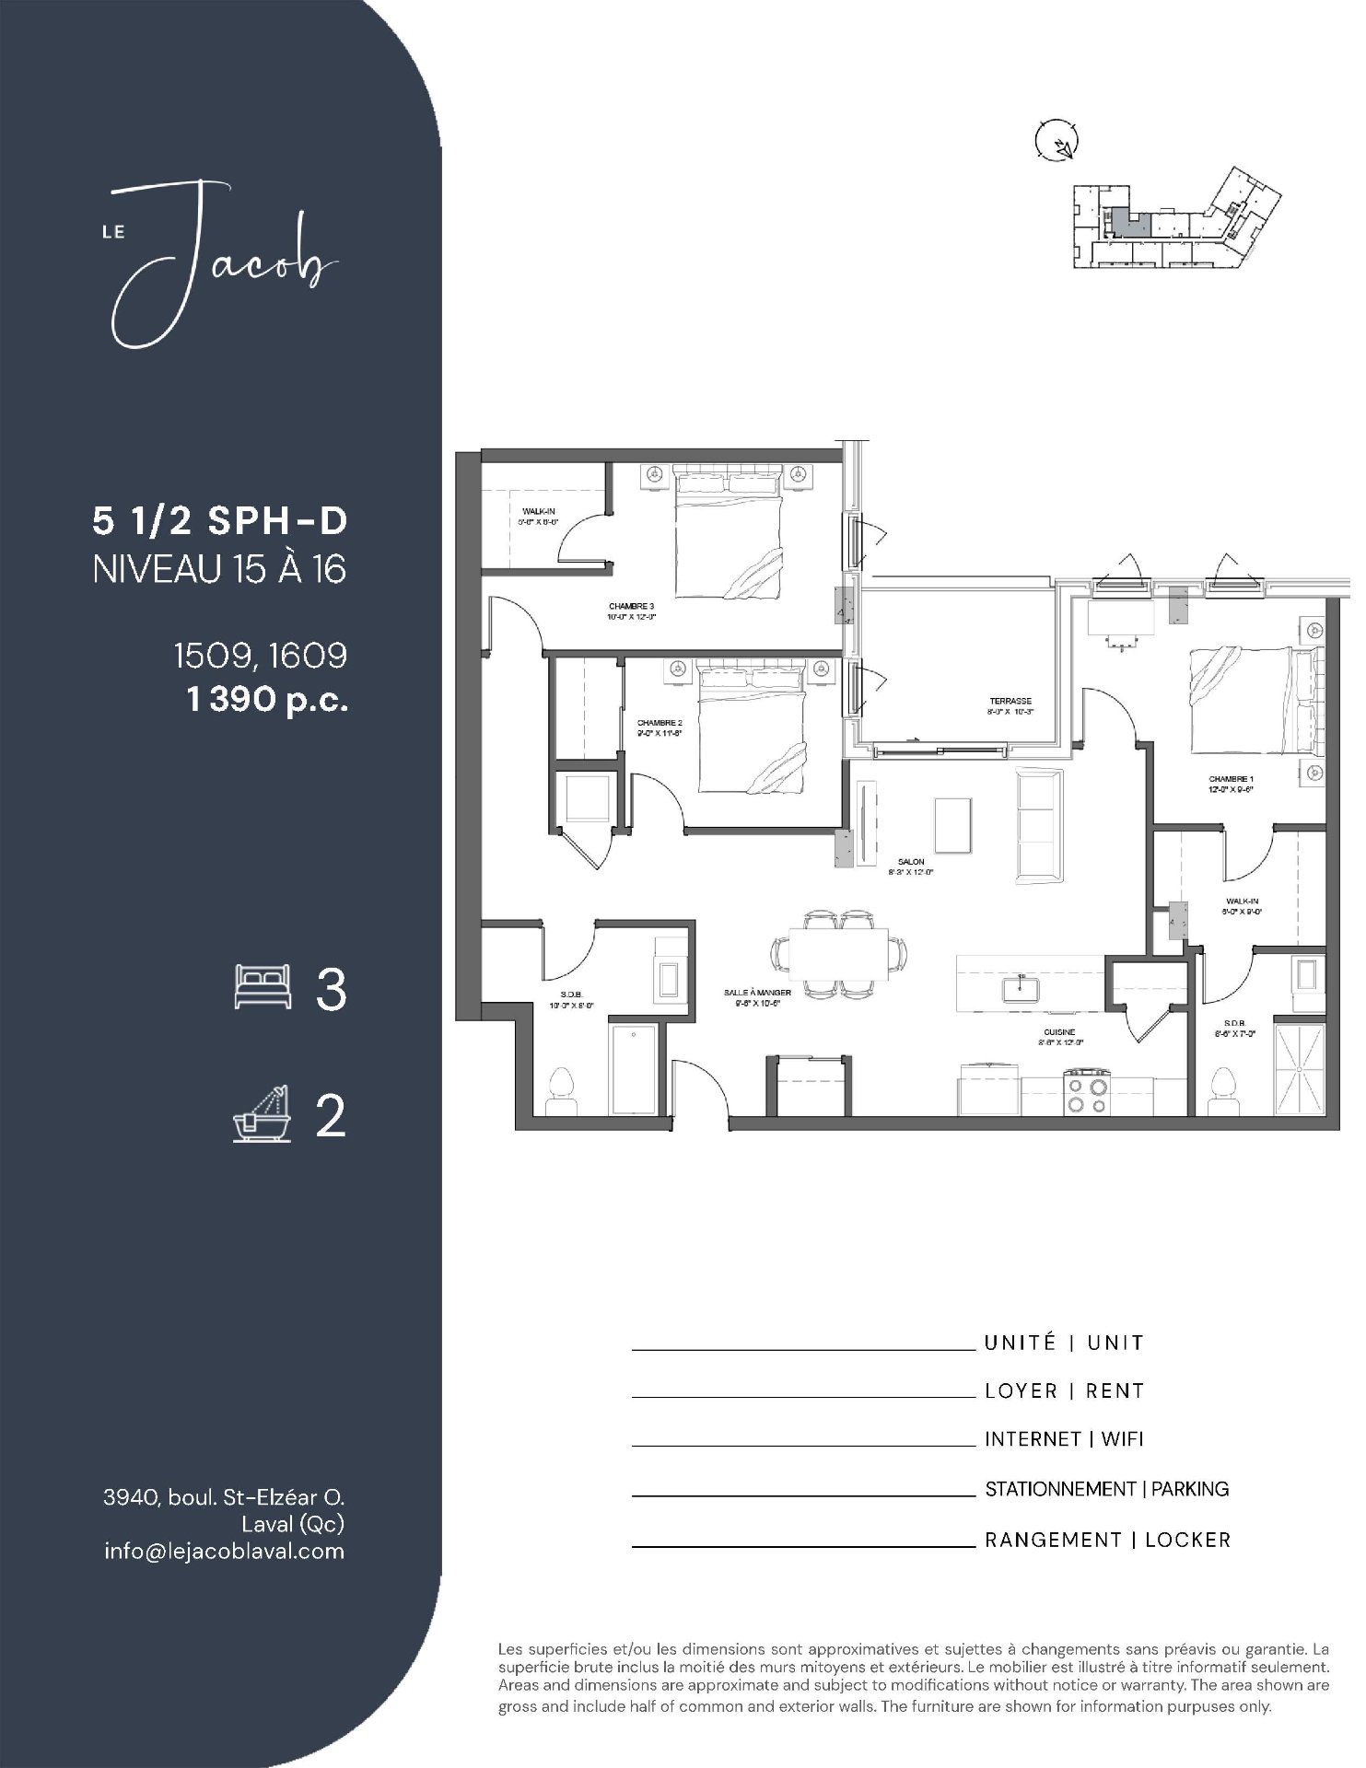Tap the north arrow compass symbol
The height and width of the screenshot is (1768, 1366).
click(1057, 143)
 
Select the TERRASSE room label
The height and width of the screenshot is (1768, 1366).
click(1010, 701)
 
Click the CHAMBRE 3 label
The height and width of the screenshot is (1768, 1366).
click(631, 606)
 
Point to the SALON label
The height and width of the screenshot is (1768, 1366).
click(911, 862)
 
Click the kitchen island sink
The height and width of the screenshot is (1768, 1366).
click(1021, 988)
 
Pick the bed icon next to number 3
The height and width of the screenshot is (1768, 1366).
click(263, 986)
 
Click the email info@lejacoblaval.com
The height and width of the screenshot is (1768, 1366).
click(225, 1551)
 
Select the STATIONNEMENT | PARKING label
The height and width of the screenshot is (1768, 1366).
click(1106, 1489)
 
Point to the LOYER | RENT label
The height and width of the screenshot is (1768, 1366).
click(1064, 1390)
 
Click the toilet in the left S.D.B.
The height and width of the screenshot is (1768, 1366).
click(560, 1086)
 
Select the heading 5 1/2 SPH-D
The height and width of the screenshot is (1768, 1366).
click(220, 521)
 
